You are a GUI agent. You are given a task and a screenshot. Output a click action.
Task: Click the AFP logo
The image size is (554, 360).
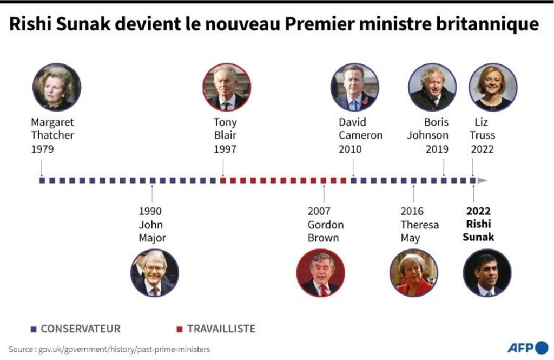(x=527, y=348)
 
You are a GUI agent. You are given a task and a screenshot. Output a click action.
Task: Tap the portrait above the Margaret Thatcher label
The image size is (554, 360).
(x=57, y=87)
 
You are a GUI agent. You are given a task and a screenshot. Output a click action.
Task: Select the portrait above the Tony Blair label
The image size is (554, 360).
(x=226, y=87)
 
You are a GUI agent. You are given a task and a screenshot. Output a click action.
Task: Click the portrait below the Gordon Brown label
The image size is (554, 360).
(x=321, y=273)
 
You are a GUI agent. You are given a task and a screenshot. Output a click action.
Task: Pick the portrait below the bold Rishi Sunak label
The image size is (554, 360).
(x=487, y=273)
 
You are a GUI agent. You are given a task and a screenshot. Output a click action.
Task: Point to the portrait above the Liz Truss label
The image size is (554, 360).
(x=493, y=87)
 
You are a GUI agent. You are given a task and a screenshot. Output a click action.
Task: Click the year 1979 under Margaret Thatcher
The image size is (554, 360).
(x=42, y=149)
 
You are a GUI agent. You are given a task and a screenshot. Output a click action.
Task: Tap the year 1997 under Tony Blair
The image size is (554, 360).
(x=225, y=149)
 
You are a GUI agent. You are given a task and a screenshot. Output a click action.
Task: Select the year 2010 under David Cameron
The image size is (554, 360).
(x=350, y=149)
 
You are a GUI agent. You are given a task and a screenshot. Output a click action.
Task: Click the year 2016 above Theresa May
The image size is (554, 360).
(x=412, y=211)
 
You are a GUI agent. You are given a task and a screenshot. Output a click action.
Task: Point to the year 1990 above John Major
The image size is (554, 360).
(x=150, y=211)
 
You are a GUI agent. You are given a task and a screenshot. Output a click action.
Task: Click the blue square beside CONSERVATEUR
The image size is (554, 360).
(x=34, y=329)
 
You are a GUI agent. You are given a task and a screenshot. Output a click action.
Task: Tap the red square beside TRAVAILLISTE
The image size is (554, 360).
(x=180, y=329)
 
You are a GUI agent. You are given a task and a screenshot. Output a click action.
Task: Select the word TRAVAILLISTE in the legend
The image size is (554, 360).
(x=221, y=329)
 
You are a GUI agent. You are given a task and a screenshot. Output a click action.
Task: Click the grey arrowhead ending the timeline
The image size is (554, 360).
(x=482, y=180)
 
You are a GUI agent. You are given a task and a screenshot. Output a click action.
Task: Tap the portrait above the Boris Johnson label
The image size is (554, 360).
(x=432, y=87)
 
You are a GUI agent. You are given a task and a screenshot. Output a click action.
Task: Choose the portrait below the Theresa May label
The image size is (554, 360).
(x=414, y=273)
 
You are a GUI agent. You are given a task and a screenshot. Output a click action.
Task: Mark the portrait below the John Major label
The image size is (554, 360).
(x=155, y=273)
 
